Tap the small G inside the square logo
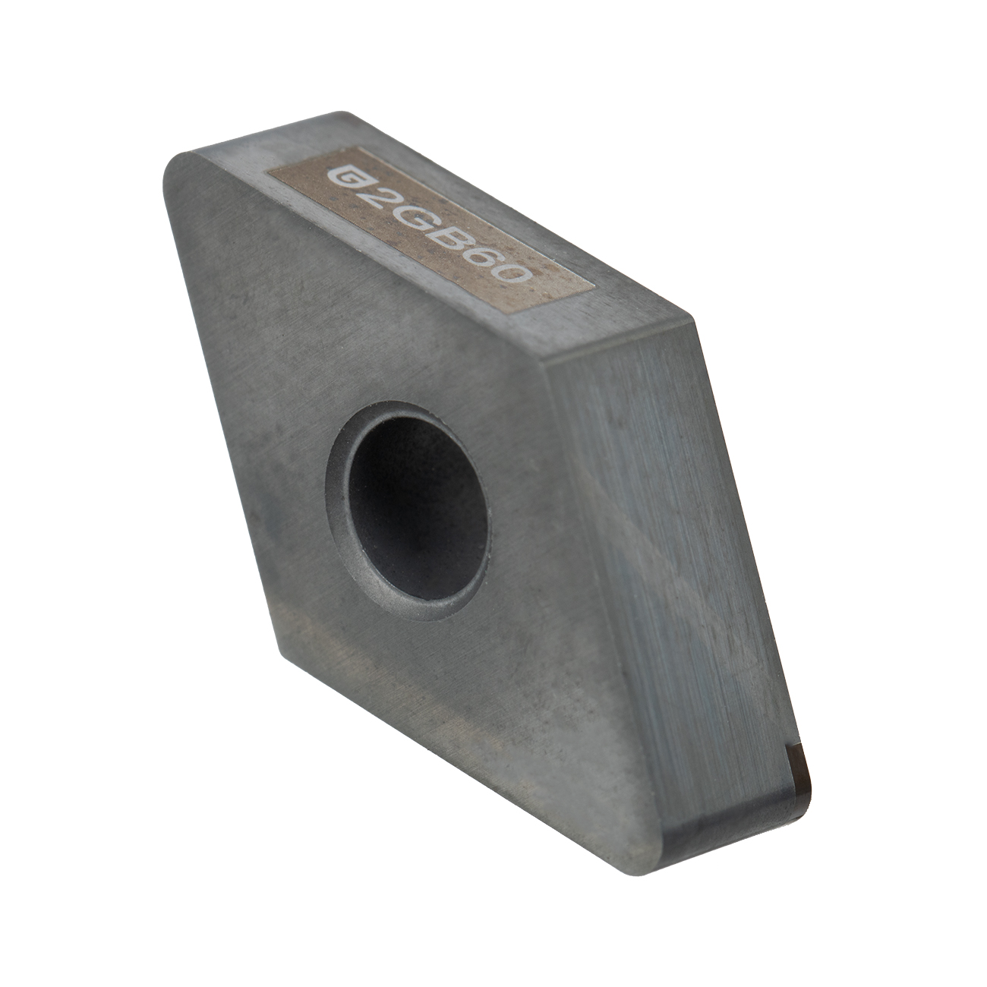click(x=342, y=178)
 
